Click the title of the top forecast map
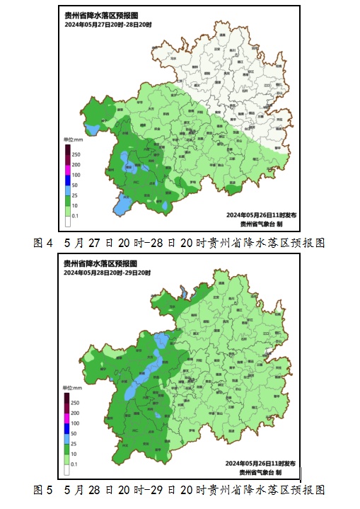[99, 16]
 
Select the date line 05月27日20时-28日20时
[107, 25]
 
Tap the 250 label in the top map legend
[76, 154]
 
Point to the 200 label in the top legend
[76, 164]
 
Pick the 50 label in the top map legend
[75, 185]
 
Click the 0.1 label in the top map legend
[75, 215]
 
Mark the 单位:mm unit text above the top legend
[74, 141]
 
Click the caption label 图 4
[44, 242]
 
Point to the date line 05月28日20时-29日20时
[107, 273]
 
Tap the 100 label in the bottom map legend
[76, 423]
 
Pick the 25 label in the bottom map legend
[74, 442]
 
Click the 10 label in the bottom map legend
[74, 452]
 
